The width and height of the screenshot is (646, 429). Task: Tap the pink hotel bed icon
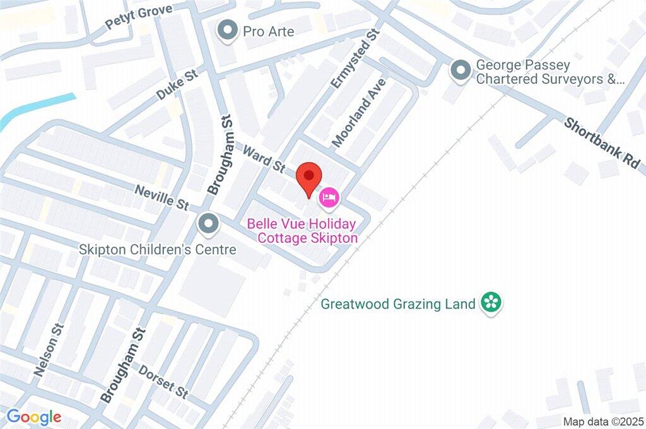(x=329, y=197)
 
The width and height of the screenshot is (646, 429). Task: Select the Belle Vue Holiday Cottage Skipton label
(x=302, y=231)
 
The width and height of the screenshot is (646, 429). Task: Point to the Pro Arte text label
(x=269, y=31)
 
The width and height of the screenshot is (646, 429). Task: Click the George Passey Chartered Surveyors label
(x=549, y=72)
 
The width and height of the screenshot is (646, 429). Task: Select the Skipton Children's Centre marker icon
(x=208, y=223)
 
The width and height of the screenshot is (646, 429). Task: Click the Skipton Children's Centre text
(x=158, y=250)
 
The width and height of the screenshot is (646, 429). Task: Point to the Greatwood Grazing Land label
(x=397, y=304)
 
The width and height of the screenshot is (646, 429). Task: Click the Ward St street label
(x=264, y=157)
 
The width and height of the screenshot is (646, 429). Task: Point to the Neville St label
(x=161, y=196)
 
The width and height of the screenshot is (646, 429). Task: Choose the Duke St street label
(x=178, y=85)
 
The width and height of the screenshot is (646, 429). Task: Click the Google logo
(x=34, y=416)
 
